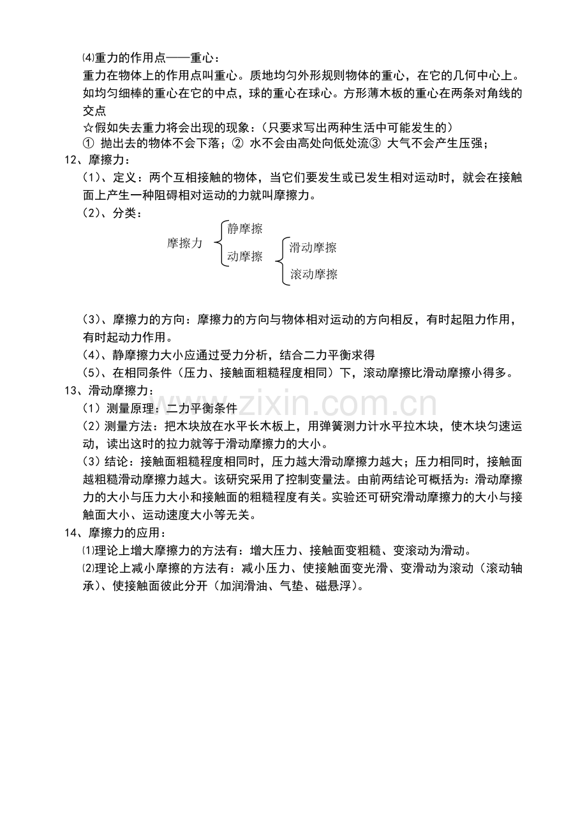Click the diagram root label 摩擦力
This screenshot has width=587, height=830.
click(185, 243)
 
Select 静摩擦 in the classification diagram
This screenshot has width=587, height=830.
click(245, 229)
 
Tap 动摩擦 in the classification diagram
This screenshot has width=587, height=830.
click(245, 257)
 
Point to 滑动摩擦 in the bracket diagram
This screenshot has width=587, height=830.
click(313, 248)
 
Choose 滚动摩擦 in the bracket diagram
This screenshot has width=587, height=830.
click(313, 275)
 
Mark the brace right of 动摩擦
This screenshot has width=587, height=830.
click(280, 260)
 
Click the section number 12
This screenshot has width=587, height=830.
click(72, 159)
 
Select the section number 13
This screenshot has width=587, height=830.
click(72, 391)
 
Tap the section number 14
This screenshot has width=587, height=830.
click(72, 533)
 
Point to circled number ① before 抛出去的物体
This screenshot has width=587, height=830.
click(89, 143)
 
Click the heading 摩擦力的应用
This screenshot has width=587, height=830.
click(128, 533)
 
